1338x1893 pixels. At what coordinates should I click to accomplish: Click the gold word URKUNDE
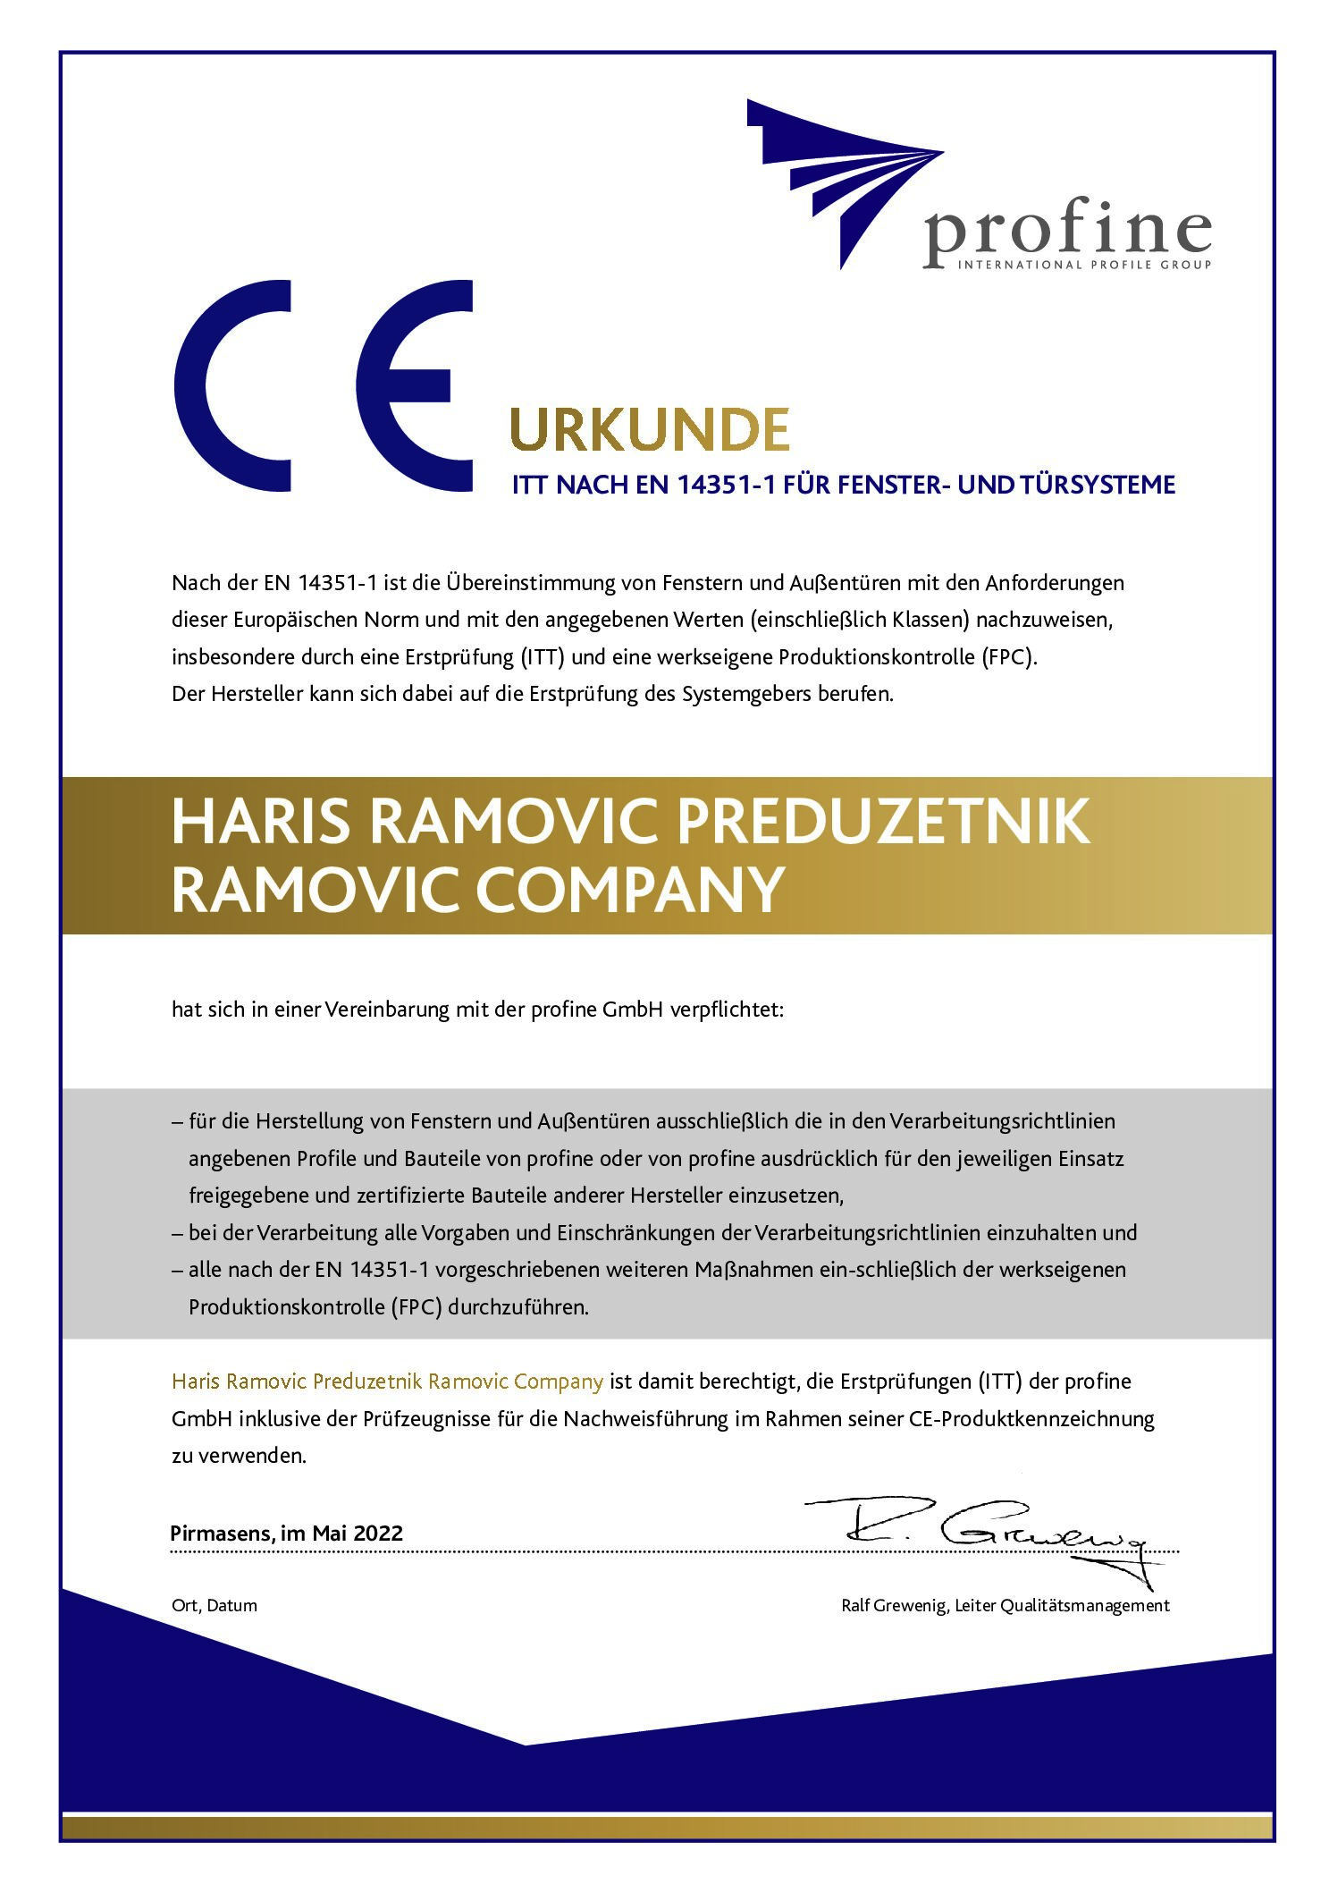pos(649,430)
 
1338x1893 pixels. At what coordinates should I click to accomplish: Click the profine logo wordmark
pos(1067,231)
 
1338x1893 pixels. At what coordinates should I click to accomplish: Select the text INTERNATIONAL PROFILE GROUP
pos(1084,265)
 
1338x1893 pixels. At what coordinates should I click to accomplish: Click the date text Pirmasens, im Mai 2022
pos(287,1533)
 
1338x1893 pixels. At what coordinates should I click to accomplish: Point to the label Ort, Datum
pos(215,1605)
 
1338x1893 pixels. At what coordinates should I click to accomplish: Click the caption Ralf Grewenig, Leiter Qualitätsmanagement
pos(1005,1605)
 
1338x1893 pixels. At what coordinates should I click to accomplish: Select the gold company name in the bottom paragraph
pos(387,1382)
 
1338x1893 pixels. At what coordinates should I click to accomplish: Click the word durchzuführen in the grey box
pos(518,1306)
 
